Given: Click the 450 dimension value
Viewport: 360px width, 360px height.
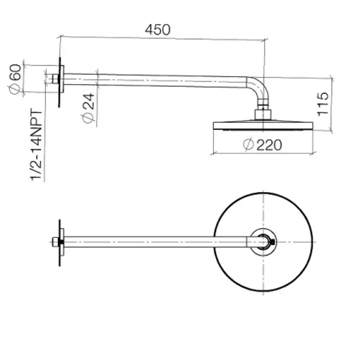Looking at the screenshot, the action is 158,30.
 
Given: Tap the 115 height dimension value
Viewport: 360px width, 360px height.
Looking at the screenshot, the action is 323,104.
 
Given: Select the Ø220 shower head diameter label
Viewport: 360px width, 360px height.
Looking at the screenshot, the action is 262,144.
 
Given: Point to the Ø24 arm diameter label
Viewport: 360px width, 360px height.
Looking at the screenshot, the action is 88,108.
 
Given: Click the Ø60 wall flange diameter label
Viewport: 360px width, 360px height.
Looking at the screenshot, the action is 15,79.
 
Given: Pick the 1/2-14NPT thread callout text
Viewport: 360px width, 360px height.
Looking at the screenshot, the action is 36,145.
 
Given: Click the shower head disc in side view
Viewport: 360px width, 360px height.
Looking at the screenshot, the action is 263,126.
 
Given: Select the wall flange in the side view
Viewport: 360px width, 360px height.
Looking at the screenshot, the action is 62,79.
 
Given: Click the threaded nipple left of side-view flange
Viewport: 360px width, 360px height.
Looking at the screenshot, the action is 55,79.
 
